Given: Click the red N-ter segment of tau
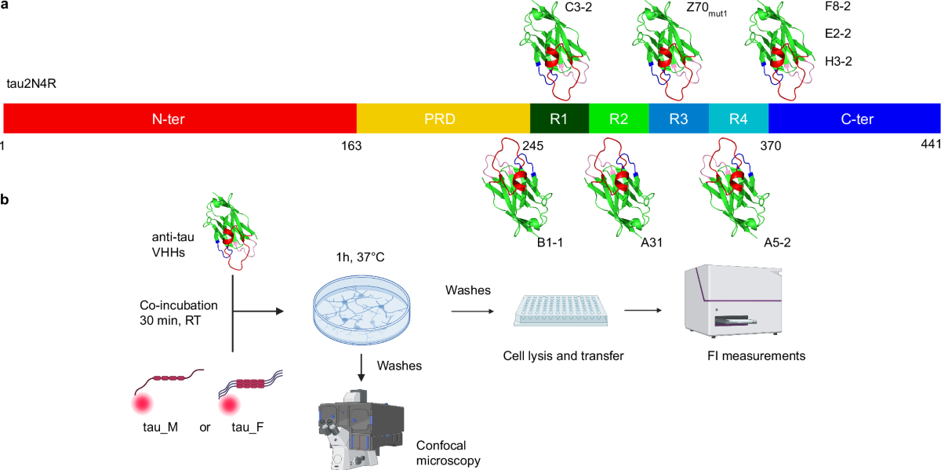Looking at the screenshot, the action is (x=180, y=119).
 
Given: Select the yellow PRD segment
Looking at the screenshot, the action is (x=443, y=119).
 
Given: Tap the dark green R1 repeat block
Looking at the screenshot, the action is (x=559, y=119).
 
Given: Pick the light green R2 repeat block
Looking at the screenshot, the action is (x=619, y=119).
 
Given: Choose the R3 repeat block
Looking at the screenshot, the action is (x=678, y=119).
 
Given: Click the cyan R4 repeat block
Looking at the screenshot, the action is (x=738, y=119).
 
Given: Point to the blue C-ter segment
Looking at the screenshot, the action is (x=854, y=119).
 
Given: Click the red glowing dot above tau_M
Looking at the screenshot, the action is (x=141, y=404).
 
